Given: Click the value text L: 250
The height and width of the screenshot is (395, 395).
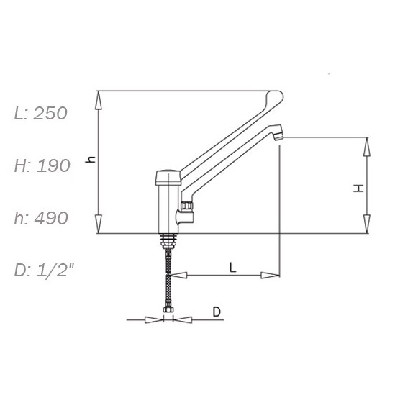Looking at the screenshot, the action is pos(41,114).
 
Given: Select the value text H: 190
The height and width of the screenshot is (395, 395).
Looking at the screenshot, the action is pos(42,165).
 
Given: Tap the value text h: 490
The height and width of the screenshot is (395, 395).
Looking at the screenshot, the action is pos(41,218).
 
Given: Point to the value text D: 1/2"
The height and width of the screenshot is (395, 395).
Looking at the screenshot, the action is pos(44,271).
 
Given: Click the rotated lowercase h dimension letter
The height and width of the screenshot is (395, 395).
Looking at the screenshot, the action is pos(91,160).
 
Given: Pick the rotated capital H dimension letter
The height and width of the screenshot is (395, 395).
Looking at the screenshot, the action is pos(359,189).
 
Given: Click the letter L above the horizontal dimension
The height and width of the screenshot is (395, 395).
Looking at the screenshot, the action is pos(233,267).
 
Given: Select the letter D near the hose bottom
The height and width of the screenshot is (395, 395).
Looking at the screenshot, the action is pos(217,312).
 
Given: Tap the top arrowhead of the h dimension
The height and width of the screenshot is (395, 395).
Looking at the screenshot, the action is pos(99,100).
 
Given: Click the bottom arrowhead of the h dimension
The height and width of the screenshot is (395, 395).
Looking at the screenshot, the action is pos(99,224).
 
